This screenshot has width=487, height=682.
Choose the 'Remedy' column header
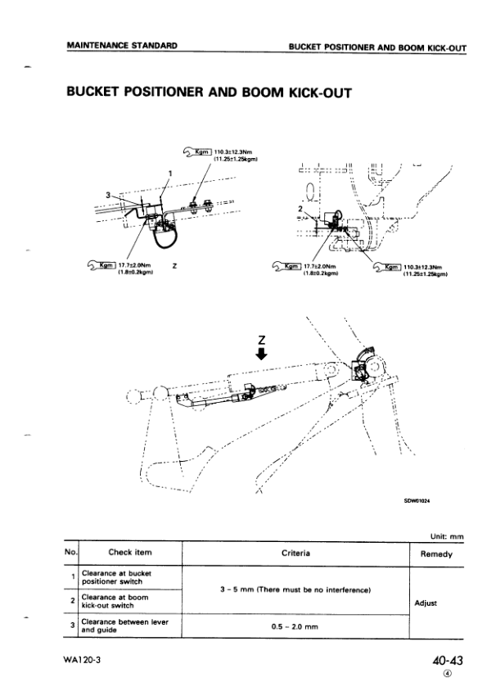coord(436,553)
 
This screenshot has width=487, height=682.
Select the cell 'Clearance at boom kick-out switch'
coord(115,602)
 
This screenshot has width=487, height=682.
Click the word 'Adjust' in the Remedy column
coord(426,602)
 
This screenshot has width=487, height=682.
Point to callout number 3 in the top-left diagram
coord(107,195)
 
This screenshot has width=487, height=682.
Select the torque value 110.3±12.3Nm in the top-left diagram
coord(236,151)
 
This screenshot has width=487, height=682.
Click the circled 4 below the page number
coord(447,673)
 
